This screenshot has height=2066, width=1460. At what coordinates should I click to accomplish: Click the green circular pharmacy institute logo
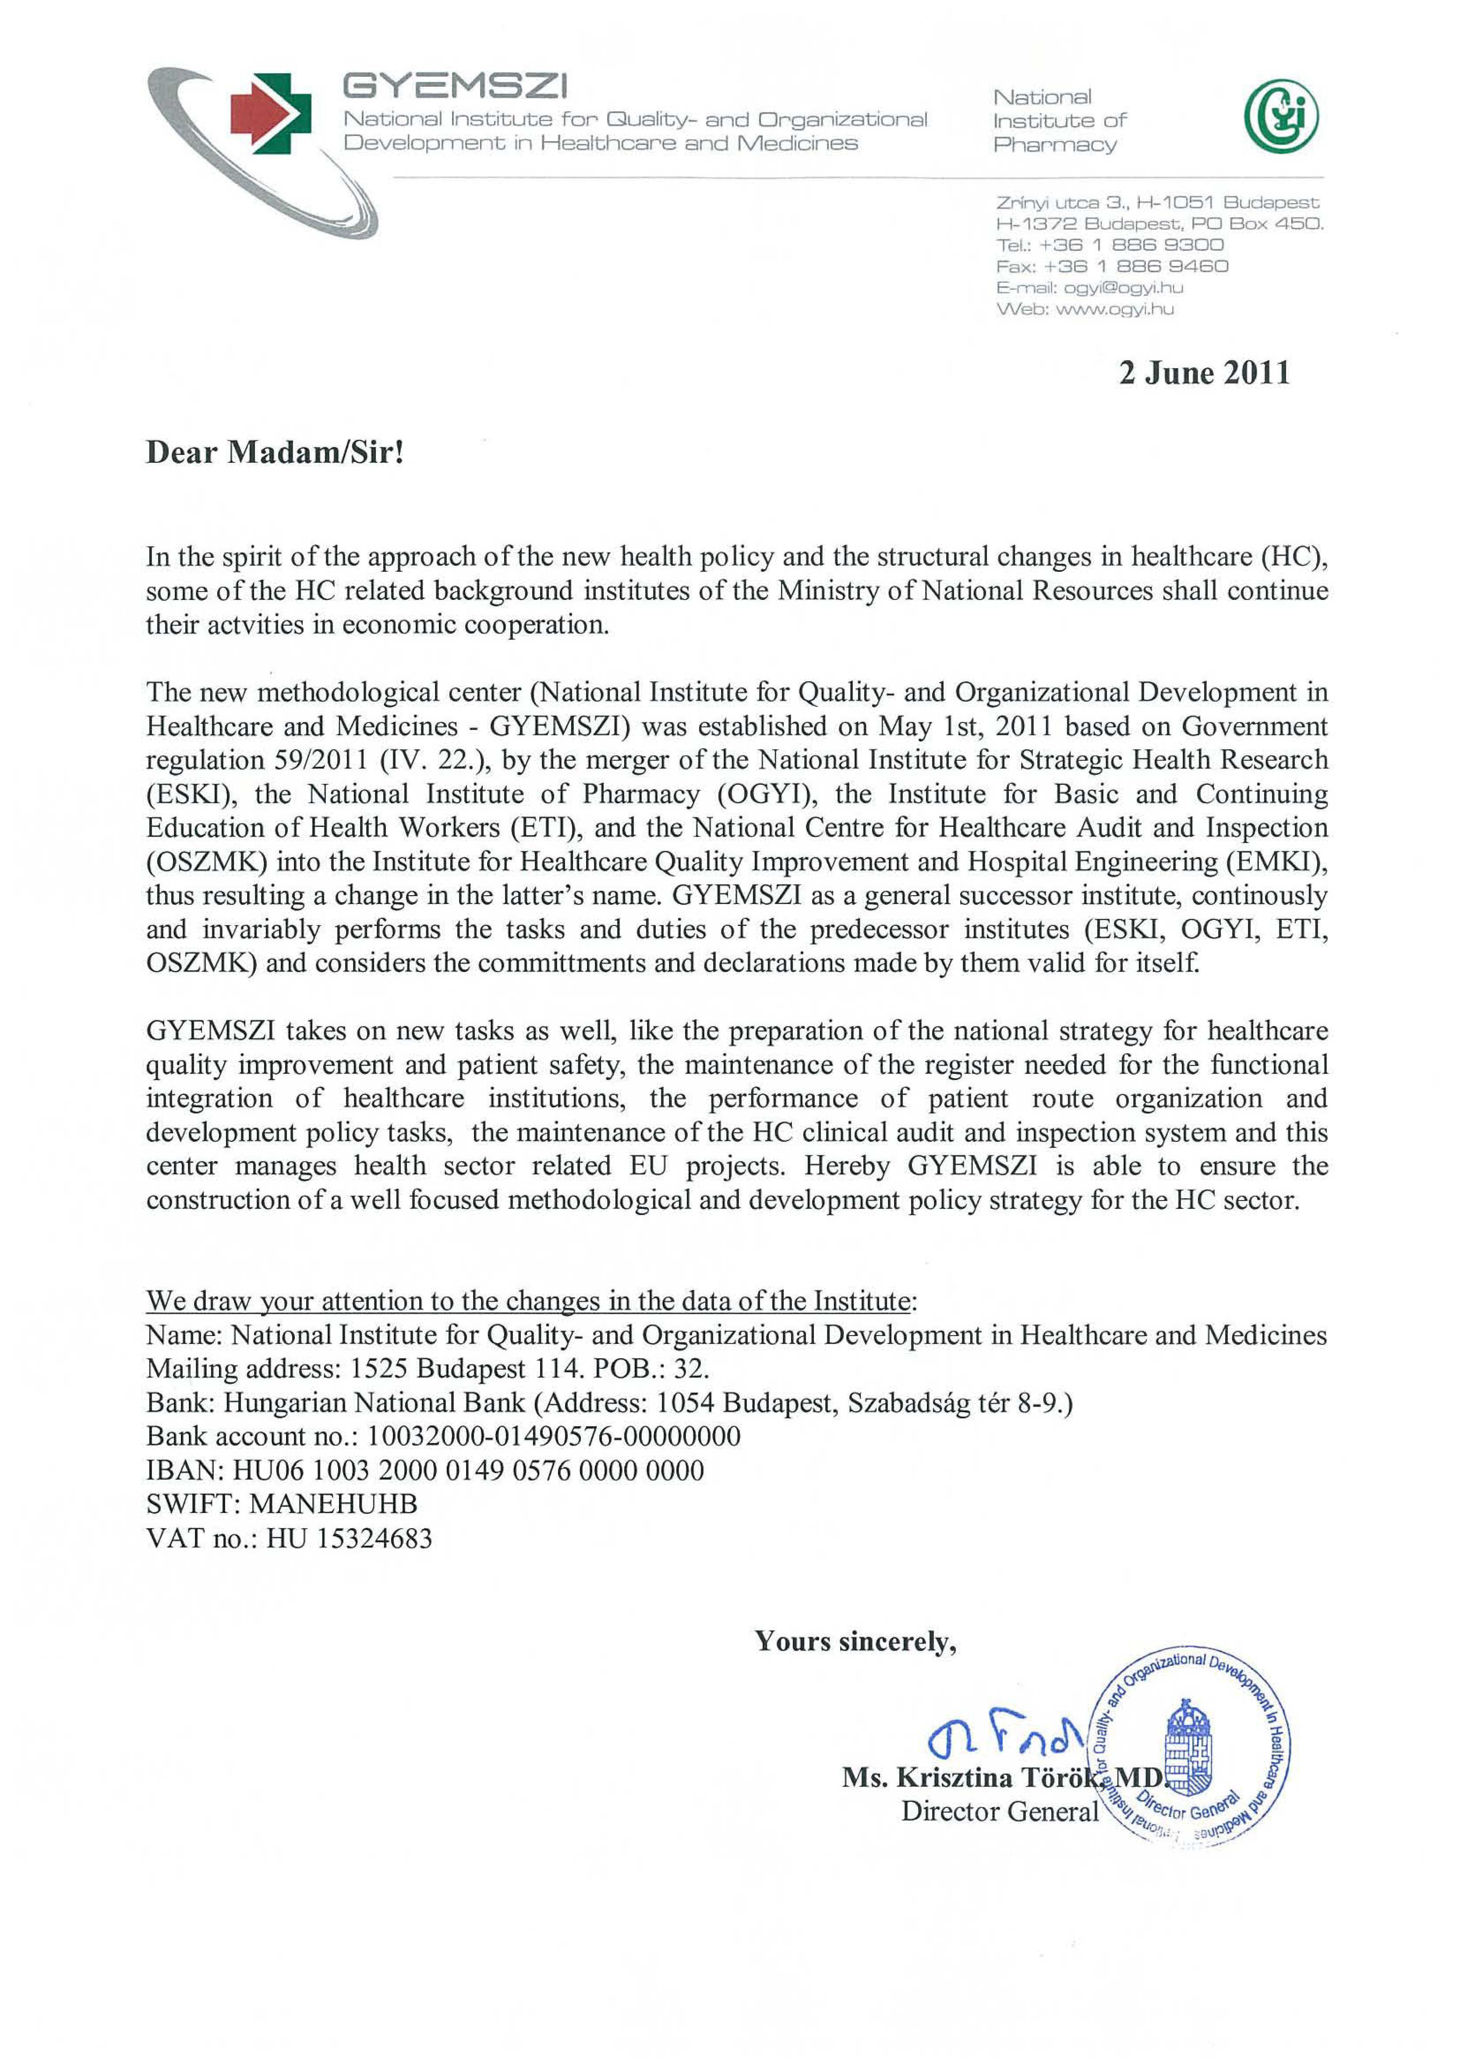pyautogui.click(x=1281, y=117)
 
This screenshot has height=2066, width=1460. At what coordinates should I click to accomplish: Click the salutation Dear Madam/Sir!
pyautogui.click(x=275, y=452)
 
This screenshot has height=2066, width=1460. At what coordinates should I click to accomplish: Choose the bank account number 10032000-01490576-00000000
pyautogui.click(x=554, y=1436)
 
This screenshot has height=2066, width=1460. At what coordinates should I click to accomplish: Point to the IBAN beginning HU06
pyautogui.click(x=468, y=1470)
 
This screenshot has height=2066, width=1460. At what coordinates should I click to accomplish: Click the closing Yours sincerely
pyautogui.click(x=855, y=1642)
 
